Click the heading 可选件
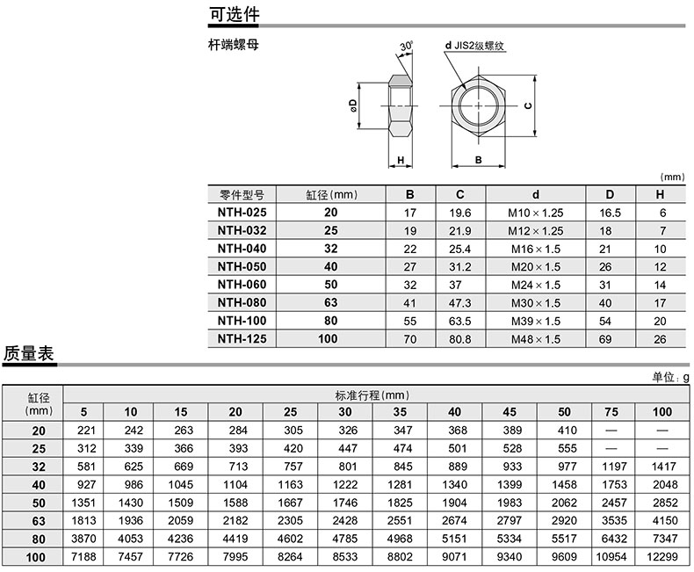[235, 15]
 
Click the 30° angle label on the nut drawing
[407, 46]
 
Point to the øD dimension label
[353, 105]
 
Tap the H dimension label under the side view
[401, 160]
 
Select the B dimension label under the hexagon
[479, 160]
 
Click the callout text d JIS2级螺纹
[474, 46]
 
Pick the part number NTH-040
[242, 249]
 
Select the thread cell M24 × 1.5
[536, 285]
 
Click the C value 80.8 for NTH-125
[459, 339]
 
